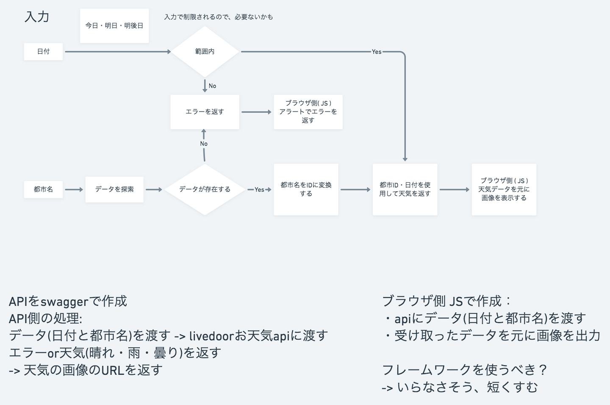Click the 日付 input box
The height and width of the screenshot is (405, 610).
pos(43,52)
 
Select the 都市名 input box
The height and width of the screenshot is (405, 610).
pos(43,190)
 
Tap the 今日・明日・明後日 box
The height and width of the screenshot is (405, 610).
pos(114,26)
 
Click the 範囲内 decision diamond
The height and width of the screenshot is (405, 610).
pos(205,52)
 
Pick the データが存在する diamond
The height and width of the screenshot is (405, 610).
pos(205,190)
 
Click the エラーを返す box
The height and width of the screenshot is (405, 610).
pos(205,112)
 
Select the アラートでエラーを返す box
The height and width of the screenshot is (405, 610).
pos(308,112)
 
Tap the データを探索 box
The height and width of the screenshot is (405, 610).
pos(114,190)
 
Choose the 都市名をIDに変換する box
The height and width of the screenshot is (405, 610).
pos(306,190)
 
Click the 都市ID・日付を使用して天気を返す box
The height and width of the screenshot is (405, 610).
pos(405,190)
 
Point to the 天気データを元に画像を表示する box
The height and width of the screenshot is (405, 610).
pos(504,190)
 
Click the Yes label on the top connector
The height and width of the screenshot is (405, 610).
pos(377,52)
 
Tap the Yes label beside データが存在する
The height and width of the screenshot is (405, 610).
pos(259,190)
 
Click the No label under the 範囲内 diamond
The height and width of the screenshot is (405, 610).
pos(212,86)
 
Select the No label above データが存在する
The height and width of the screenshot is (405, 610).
pos(204,144)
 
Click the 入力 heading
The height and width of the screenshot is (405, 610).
pos(37,17)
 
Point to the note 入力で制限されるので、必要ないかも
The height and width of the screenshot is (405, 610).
pos(219,17)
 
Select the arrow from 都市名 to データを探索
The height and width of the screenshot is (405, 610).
pos(74,190)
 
